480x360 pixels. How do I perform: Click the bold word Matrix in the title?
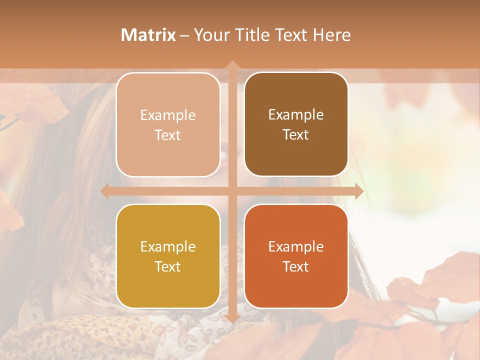[148, 35]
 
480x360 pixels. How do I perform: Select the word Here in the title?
[332, 35]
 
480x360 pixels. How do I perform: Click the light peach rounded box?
[168, 124]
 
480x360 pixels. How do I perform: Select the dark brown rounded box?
[296, 124]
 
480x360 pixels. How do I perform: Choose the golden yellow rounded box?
[168, 256]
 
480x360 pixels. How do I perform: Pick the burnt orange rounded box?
[296, 256]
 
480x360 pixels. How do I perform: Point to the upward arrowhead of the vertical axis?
[232, 65]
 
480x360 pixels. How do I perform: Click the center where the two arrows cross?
[232, 191]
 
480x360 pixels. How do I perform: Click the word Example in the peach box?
[168, 115]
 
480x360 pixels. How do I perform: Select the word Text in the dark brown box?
[296, 135]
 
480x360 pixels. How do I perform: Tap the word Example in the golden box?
[168, 247]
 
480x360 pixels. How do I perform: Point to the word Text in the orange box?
[296, 266]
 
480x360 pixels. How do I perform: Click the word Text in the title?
[291, 35]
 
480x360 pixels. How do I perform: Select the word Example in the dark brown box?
[296, 115]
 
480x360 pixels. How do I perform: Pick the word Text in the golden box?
[168, 266]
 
